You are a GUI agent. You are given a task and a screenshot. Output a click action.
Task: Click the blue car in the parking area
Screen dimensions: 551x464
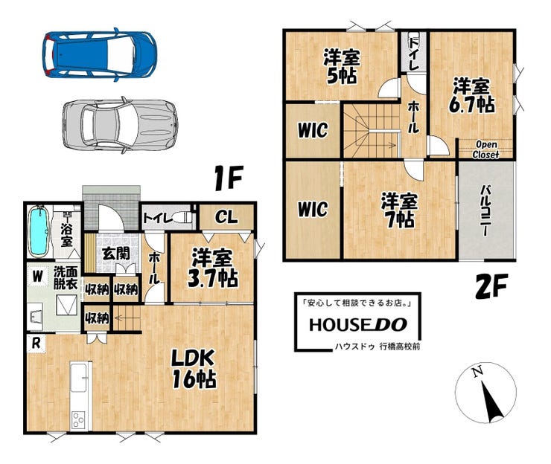click(x=100, y=55)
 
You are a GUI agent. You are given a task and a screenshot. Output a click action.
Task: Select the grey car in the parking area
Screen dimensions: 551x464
click(x=120, y=125)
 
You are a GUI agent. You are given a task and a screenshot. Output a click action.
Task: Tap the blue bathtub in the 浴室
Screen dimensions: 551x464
click(x=39, y=232)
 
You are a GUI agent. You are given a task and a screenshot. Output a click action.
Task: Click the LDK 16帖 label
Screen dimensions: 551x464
click(x=194, y=369)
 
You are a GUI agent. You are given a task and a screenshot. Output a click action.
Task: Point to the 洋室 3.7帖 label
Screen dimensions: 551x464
click(x=213, y=270)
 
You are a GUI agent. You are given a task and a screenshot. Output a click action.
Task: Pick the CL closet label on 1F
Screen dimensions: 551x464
click(x=226, y=217)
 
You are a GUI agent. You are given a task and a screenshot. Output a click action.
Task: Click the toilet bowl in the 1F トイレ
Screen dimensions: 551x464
click(x=183, y=217)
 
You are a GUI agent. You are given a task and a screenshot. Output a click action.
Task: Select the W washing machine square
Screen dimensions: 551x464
click(x=37, y=276)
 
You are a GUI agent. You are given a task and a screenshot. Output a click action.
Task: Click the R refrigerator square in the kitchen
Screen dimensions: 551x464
click(x=36, y=344)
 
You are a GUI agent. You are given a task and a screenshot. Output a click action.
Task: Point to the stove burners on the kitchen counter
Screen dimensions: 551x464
click(x=78, y=420)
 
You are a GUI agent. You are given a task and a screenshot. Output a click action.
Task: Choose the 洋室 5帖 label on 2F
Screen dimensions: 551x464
click(x=342, y=67)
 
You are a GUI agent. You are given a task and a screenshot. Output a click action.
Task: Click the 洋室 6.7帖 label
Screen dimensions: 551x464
click(x=471, y=95)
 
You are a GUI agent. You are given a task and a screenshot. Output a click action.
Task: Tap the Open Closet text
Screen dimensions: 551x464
click(x=485, y=149)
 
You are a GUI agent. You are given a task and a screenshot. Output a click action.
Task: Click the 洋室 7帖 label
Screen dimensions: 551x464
click(x=399, y=210)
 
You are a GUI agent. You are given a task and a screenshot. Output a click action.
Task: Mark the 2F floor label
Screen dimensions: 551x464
click(x=492, y=286)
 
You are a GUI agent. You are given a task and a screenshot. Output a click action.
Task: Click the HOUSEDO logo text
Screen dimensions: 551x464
click(x=358, y=325)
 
